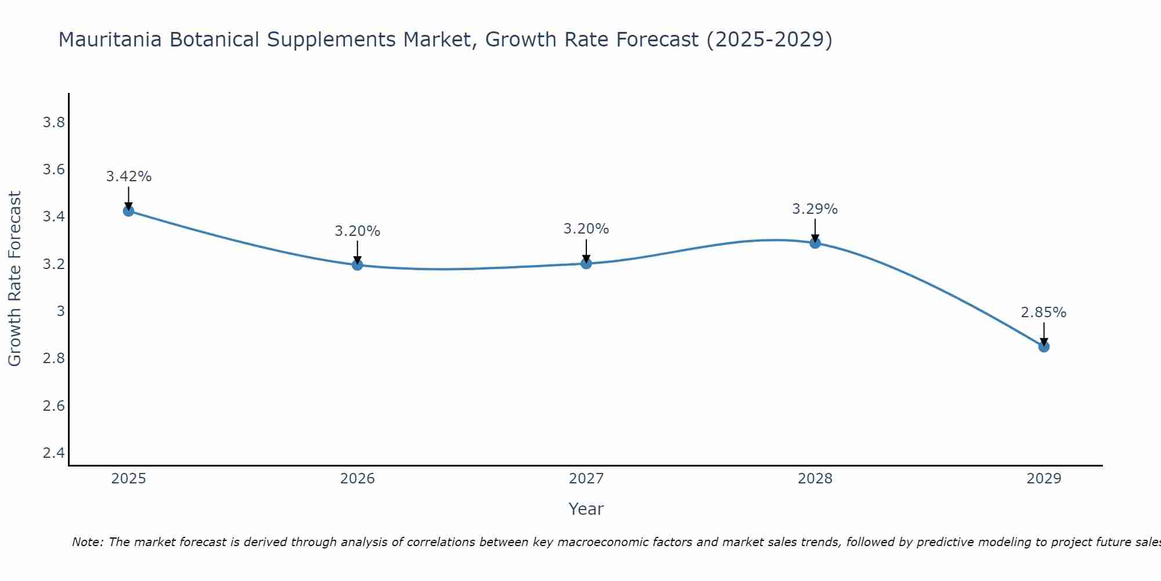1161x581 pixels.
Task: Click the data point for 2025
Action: (x=128, y=211)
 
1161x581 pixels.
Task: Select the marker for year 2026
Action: (x=357, y=265)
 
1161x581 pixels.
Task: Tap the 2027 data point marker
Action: (x=586, y=264)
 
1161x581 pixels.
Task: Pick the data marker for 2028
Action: (x=815, y=243)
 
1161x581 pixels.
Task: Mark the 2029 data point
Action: (x=1044, y=347)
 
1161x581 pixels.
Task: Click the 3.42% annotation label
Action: (x=128, y=177)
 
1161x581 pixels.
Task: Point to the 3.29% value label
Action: (x=814, y=209)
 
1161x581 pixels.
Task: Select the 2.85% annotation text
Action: (x=1043, y=313)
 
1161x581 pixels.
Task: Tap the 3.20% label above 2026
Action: (x=357, y=231)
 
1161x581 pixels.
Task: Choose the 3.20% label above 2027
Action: (x=586, y=229)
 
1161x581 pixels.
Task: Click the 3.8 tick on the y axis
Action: (x=53, y=123)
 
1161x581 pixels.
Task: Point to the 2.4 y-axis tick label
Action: (x=53, y=453)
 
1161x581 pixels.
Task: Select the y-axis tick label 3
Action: (x=60, y=311)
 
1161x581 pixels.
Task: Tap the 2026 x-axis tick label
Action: (x=357, y=479)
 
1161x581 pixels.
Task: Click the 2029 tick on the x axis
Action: (x=1044, y=479)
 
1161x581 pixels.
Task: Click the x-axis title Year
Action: (x=586, y=509)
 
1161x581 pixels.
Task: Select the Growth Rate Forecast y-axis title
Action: (x=15, y=279)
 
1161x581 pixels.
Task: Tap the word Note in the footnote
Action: (x=86, y=542)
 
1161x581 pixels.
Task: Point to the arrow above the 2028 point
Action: (x=815, y=230)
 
